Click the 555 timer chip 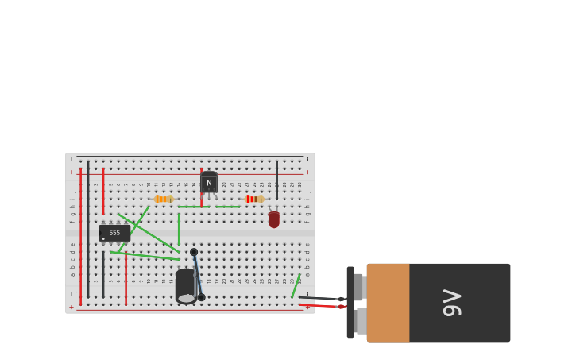[x=114, y=233]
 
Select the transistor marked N [x=209, y=183]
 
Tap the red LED [x=273, y=219]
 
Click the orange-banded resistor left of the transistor [x=163, y=199]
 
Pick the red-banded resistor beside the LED [x=253, y=199]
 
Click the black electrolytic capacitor [x=185, y=285]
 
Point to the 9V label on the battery [x=452, y=303]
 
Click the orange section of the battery [x=388, y=303]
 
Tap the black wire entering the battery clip [x=322, y=299]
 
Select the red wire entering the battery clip [x=322, y=306]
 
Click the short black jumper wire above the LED [x=276, y=179]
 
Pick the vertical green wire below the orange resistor [x=179, y=228]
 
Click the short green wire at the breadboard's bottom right [x=295, y=286]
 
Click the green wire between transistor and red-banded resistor [x=228, y=207]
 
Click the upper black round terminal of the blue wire [x=194, y=252]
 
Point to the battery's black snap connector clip [x=350, y=302]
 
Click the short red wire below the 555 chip [x=126, y=278]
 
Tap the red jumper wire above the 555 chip [x=103, y=191]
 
